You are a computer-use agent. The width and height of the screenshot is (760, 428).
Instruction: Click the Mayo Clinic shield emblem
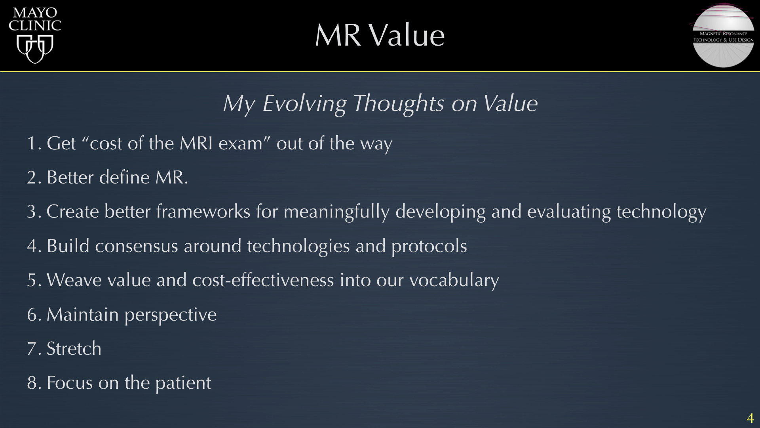(35, 49)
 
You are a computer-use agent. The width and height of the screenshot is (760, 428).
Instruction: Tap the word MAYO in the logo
(35, 13)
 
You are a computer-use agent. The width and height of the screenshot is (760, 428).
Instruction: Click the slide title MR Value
(380, 35)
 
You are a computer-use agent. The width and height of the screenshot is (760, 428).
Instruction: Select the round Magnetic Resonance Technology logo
(723, 36)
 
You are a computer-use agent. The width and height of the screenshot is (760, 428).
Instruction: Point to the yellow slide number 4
(750, 418)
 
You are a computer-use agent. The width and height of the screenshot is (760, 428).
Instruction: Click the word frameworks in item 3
(203, 211)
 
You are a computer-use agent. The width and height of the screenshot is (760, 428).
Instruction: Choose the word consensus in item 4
(137, 246)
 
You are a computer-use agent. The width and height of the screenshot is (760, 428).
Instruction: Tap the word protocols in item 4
(429, 247)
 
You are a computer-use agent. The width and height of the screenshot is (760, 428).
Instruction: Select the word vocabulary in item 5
(454, 281)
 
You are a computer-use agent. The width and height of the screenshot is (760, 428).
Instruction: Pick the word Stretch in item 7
(74, 349)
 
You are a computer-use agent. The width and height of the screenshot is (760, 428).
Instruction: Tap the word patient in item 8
(183, 383)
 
